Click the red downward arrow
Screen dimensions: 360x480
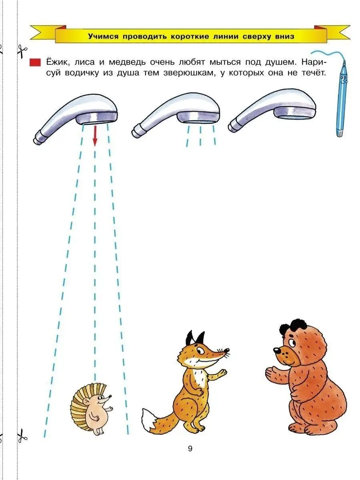(95, 136)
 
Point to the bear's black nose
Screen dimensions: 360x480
(277, 350)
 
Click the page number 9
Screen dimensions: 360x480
(190, 448)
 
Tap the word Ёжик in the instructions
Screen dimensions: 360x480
(58, 62)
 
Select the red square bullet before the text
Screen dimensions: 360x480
(35, 62)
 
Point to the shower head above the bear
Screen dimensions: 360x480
(272, 110)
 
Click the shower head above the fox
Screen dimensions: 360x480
(176, 115)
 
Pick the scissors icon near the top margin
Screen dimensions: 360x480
(22, 51)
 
